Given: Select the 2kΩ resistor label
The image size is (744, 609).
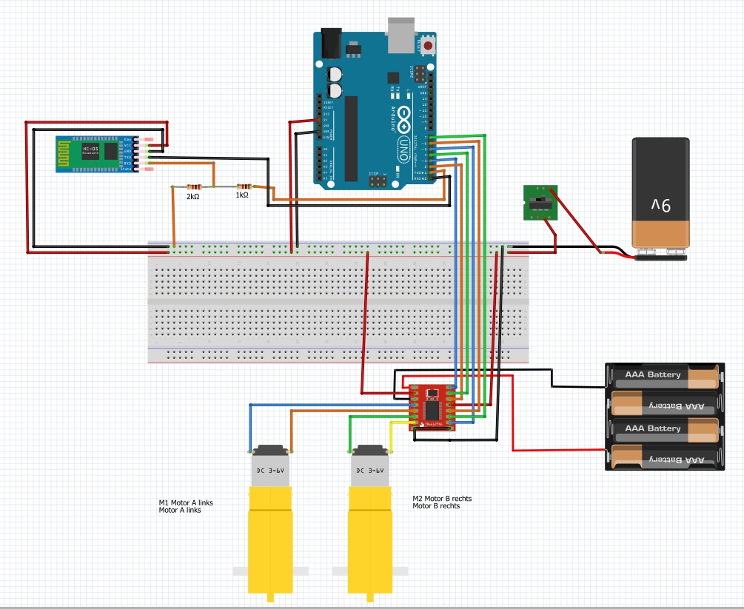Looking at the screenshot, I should tap(192, 197).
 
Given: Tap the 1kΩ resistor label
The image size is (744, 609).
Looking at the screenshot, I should tap(242, 195).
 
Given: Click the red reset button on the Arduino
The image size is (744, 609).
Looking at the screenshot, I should tap(428, 45).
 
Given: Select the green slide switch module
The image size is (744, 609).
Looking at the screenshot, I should tap(540, 202).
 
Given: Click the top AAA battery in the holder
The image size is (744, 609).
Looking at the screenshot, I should tap(663, 375).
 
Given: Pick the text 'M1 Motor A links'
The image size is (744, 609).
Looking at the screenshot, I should tap(186, 502).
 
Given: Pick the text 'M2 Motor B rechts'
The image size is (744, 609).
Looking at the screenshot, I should tap(442, 499).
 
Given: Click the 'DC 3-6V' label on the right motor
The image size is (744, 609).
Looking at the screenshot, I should tap(369, 470).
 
